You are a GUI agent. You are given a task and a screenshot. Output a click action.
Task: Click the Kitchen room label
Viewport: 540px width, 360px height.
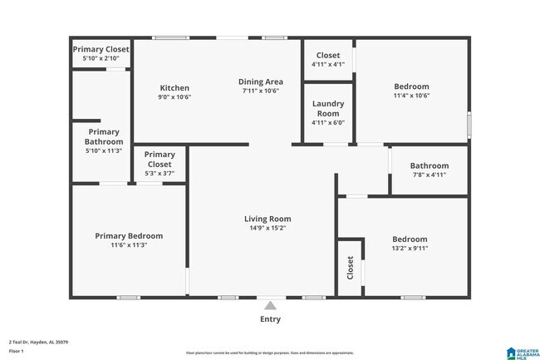(x=174, y=88)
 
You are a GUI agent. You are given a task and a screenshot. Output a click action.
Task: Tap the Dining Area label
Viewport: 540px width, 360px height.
(x=261, y=81)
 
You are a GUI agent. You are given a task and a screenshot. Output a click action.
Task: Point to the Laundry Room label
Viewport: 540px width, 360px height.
(x=327, y=108)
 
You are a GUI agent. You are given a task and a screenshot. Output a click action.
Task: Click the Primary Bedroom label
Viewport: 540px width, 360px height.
(x=129, y=236)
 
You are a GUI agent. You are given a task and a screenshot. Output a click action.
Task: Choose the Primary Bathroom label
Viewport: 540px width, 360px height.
(x=104, y=136)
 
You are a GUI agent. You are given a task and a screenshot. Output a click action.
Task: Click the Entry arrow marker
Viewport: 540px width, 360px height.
(x=270, y=306)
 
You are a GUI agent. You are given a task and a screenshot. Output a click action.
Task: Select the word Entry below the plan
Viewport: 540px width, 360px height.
(x=270, y=319)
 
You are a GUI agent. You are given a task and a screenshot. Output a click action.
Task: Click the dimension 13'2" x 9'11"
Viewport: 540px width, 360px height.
(x=410, y=248)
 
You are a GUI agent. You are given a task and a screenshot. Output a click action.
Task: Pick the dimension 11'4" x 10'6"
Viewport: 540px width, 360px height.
(x=411, y=96)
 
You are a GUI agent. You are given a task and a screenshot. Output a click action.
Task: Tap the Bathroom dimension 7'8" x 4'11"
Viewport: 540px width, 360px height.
(x=429, y=175)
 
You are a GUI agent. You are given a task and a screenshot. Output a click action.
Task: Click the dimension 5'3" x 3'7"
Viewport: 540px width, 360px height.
(x=160, y=173)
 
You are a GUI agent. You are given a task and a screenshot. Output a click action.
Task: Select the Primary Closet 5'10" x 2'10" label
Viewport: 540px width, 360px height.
(x=101, y=54)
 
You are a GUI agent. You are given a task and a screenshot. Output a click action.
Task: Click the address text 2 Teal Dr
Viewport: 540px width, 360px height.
(x=38, y=341)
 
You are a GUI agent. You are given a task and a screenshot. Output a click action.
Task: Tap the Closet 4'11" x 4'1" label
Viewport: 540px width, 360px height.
(x=327, y=60)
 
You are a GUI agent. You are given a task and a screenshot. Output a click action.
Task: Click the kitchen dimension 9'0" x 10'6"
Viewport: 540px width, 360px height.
(x=174, y=96)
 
